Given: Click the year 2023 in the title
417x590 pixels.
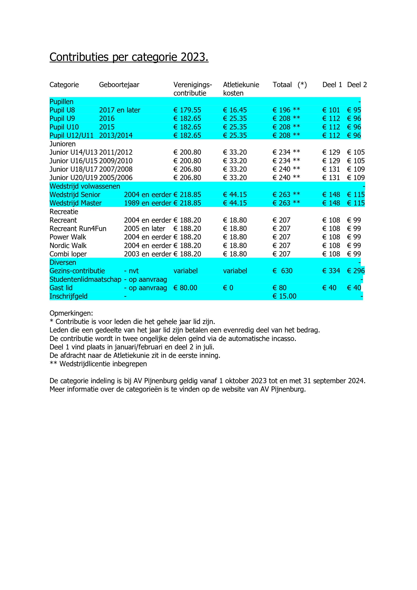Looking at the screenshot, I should [194, 57].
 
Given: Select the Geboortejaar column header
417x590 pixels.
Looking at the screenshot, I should [119, 85].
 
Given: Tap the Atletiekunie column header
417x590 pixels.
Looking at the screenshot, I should [241, 85].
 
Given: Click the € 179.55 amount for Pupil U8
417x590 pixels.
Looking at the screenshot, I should [187, 110].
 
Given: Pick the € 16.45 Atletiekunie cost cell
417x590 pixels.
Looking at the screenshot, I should [235, 110].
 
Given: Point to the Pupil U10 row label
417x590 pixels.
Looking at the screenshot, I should [64, 127].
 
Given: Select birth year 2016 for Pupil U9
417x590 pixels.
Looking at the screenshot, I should [107, 118].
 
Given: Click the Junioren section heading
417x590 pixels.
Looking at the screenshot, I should [62, 144].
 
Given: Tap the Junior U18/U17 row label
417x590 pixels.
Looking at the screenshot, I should [73, 169].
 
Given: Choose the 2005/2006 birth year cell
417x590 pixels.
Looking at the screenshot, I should [116, 177].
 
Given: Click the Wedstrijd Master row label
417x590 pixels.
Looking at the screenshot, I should [76, 203].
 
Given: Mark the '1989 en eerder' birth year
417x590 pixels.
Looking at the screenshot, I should [147, 203].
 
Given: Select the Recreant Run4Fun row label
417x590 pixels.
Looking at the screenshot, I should [78, 228].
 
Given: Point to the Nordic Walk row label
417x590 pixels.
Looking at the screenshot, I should [68, 245].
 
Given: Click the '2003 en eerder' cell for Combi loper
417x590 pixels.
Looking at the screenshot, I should [147, 254].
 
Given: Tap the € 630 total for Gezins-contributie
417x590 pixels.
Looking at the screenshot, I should [283, 271].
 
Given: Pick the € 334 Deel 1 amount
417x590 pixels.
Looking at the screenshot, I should [331, 271].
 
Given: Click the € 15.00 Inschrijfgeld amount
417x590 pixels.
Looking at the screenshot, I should [285, 296].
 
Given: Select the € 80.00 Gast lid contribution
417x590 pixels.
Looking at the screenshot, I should [185, 288].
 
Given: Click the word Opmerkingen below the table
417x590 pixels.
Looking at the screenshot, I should [71, 313].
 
